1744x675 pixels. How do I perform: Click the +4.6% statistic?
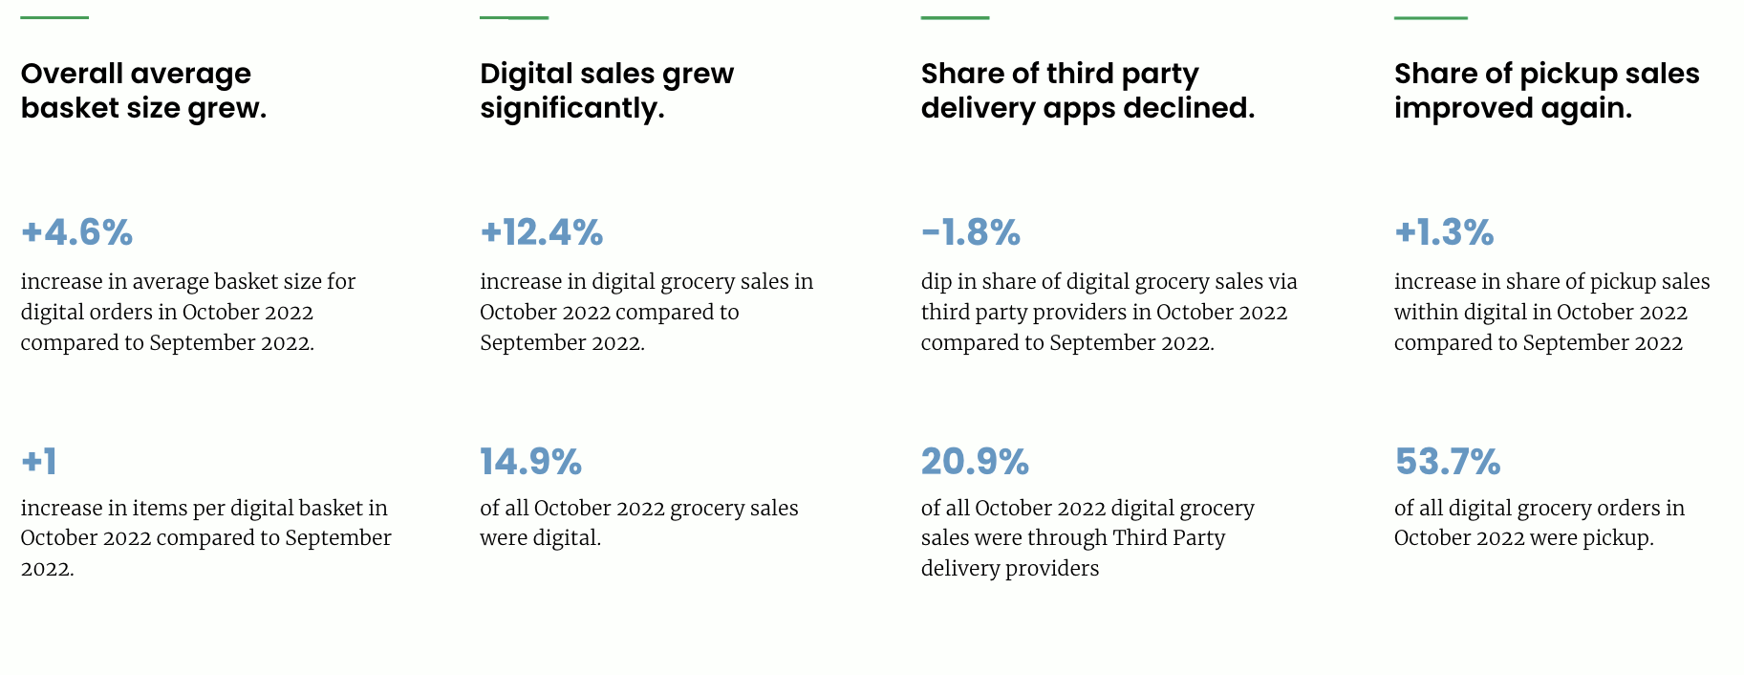pos(76,232)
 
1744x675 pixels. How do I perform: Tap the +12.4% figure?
pos(541,232)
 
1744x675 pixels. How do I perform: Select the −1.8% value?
pos(970,232)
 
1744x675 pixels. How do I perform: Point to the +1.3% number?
pos(1443,232)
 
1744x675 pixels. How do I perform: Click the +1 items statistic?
pos(39,462)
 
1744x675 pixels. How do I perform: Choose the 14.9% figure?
pos(530,462)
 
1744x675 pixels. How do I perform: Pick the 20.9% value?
pos(974,462)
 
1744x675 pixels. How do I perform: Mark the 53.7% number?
pos(1447,462)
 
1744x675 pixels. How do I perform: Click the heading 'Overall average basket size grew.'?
pos(142,91)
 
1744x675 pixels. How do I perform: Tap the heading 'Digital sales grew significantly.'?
pos(606,91)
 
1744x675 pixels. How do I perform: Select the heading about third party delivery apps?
pos(1087,91)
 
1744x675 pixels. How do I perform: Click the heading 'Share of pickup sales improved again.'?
pos(1545,91)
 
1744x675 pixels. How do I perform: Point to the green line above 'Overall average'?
pos(54,17)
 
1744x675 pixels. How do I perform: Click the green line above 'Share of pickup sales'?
pos(1430,17)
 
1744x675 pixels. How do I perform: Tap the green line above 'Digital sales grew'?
pos(514,17)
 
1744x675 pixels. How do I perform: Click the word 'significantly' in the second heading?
pos(571,109)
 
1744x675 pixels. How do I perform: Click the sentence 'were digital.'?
pos(540,538)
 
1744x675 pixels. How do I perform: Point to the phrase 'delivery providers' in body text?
pos(1009,569)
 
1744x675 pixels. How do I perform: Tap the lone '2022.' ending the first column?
pos(47,569)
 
